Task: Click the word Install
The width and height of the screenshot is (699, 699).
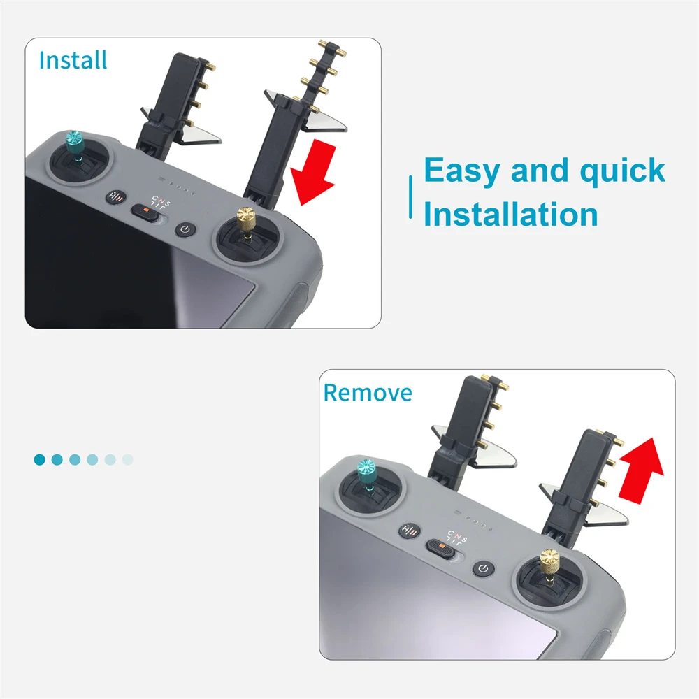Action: coord(73,60)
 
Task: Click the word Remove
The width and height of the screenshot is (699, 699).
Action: coord(367,393)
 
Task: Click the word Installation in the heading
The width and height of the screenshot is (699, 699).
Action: coord(510,215)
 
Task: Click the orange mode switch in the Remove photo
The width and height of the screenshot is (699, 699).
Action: coord(440,545)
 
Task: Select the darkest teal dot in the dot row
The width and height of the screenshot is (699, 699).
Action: coord(40,459)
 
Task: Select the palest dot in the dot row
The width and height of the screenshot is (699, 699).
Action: coord(127,459)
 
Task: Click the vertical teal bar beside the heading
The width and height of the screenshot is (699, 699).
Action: coord(410,198)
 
